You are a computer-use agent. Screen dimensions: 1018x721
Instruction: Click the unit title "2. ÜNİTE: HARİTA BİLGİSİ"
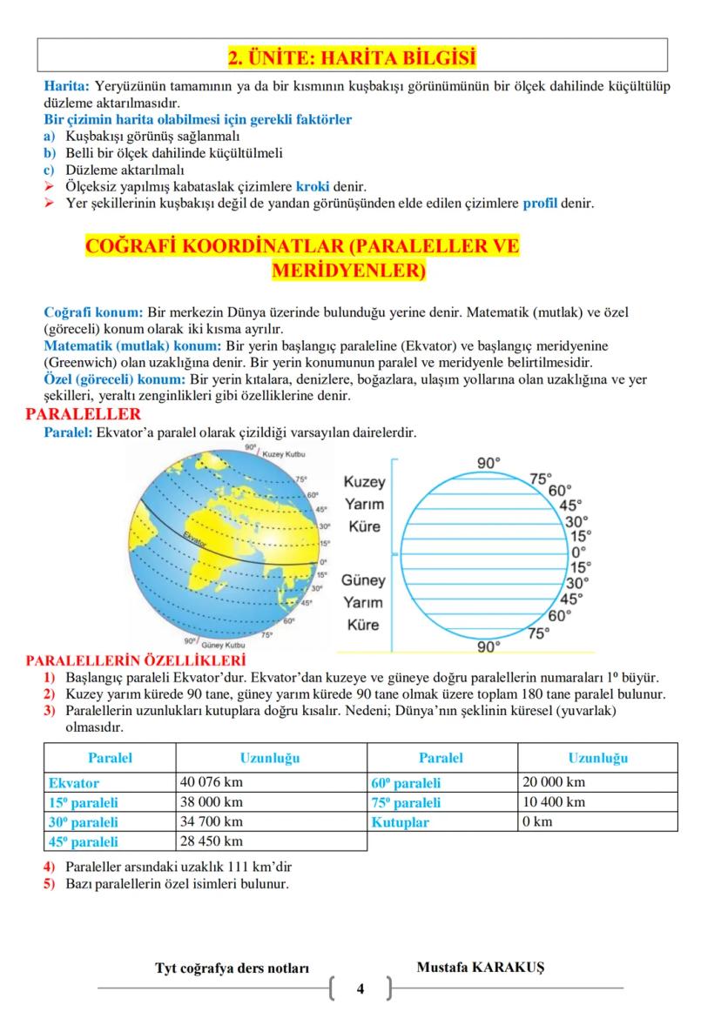(352, 58)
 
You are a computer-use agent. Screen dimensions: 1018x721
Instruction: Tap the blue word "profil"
(540, 204)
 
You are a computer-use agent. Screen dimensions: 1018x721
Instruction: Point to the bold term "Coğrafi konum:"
(93, 311)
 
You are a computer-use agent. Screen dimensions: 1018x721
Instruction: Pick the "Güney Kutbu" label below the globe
(223, 646)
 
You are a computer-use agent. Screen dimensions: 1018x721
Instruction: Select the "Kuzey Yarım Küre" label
(364, 505)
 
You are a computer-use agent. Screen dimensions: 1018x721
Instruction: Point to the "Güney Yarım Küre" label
(364, 602)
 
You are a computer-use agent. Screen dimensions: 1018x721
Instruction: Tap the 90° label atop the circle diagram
(489, 463)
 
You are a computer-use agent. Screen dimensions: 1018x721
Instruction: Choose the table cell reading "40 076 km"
(212, 782)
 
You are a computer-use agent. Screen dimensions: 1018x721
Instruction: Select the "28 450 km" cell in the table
(212, 841)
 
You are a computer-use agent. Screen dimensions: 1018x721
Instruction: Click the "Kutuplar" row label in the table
(400, 821)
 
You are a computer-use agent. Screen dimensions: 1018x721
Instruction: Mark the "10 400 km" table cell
(553, 801)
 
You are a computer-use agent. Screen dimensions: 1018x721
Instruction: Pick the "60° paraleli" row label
(406, 782)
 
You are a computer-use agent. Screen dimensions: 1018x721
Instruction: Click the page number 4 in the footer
(360, 988)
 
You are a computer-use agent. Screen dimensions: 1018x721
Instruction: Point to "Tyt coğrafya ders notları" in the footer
(232, 968)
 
